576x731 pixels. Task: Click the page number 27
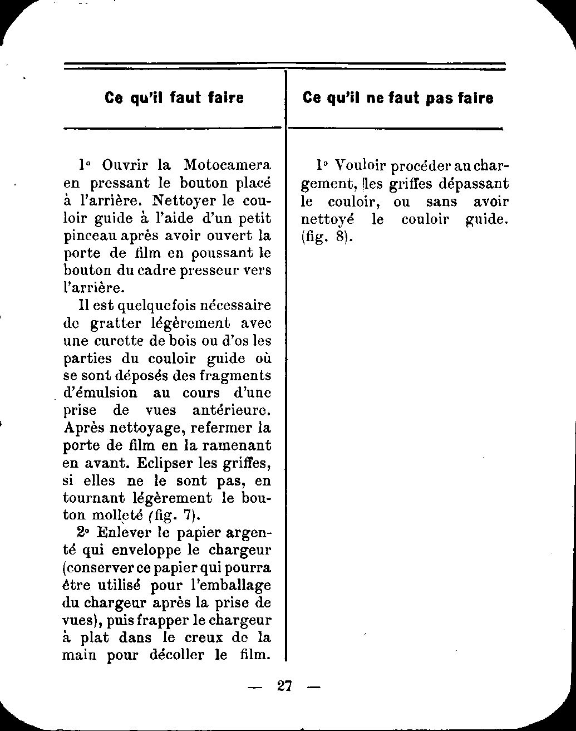[x=284, y=685]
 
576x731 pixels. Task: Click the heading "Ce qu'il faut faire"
[x=174, y=98]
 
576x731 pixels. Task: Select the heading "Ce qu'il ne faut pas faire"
[x=398, y=98]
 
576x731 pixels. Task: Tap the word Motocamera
[x=227, y=165]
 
